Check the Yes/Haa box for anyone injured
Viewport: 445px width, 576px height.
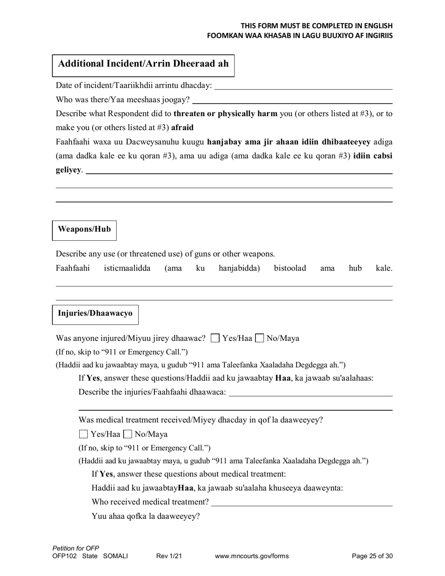tap(215, 338)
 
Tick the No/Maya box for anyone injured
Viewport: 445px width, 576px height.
tap(260, 338)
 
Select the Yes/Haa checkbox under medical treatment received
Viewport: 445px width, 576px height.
tap(83, 434)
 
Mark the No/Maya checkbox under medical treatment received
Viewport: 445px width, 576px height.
tap(127, 434)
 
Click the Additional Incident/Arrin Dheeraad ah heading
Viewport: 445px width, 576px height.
tap(143, 64)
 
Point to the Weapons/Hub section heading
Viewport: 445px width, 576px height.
tap(84, 229)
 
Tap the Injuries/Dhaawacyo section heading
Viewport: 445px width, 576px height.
tap(95, 313)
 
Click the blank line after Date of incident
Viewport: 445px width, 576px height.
tap(303, 86)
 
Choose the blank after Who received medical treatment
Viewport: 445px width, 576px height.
tap(302, 502)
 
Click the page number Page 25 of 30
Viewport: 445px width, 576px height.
tap(372, 556)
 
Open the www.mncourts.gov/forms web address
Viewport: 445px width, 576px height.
tap(252, 556)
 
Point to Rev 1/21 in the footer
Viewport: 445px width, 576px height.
tap(169, 556)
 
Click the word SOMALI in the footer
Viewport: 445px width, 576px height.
tap(115, 556)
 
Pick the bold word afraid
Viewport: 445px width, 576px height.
tap(182, 127)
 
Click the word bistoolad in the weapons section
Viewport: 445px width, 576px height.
tap(289, 268)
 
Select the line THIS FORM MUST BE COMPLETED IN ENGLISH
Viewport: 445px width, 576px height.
tap(317, 26)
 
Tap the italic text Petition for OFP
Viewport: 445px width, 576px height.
tap(76, 548)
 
